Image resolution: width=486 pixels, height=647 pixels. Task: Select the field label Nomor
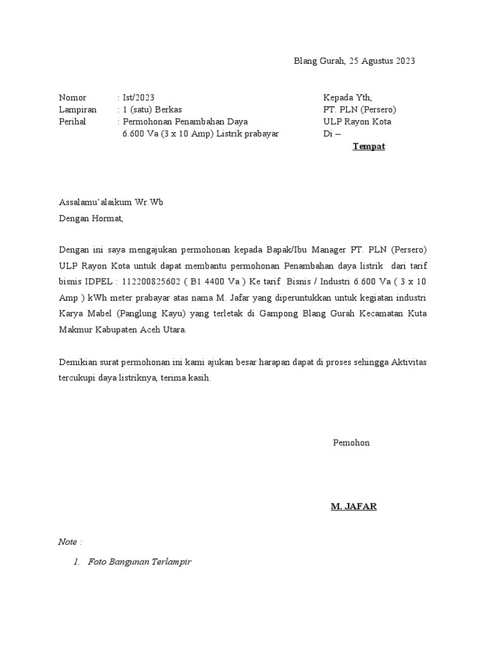click(x=72, y=97)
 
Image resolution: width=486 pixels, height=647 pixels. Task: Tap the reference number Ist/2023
click(x=138, y=97)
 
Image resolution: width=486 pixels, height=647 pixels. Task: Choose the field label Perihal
click(x=72, y=121)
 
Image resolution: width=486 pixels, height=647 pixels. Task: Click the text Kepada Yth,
click(x=348, y=97)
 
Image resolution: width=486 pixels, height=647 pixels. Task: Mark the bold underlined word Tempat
click(x=368, y=147)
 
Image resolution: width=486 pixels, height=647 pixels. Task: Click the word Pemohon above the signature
click(x=351, y=443)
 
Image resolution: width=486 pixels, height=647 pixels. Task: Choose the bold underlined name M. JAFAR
click(x=354, y=507)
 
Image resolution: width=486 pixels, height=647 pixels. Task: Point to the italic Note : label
click(x=70, y=542)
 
